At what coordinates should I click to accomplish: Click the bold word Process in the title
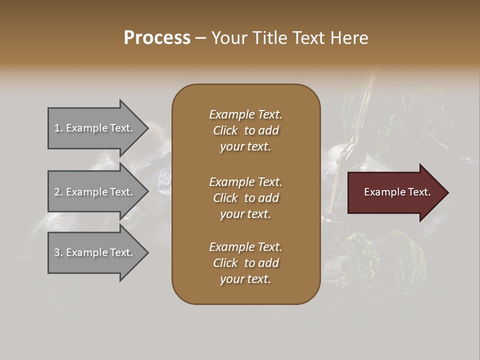point(157,38)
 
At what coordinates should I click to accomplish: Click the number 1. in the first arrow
point(58,128)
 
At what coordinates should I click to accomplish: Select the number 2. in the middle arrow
point(58,192)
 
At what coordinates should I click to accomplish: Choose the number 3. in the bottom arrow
point(58,252)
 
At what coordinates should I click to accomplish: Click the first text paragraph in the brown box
point(245,130)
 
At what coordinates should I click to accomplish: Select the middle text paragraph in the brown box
point(245,197)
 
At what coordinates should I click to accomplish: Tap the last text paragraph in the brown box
point(245,263)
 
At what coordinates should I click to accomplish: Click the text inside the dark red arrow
point(397,192)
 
